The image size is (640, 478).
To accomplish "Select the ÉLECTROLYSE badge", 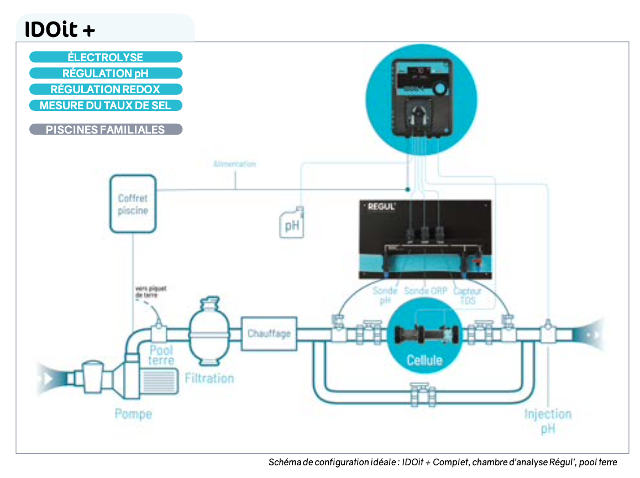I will pos(105,57).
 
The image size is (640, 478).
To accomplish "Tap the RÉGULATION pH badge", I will pos(105,73).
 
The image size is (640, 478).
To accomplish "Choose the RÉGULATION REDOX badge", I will pos(105,89).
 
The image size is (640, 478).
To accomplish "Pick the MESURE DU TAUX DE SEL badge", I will pos(105,105).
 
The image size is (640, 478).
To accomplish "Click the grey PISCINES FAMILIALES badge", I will pos(105,130).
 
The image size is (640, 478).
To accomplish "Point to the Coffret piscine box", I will pos(133,204).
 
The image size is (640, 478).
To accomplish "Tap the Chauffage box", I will pos(269,333).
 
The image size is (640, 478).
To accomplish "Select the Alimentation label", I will pos(234,164).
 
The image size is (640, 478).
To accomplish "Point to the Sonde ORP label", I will pos(425,290).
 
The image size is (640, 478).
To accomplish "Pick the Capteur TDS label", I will pos(467,295).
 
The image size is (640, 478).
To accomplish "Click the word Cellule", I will pos(424,360).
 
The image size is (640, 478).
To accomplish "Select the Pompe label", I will pos(133,413).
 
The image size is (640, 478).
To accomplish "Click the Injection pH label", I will pos(548,421).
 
